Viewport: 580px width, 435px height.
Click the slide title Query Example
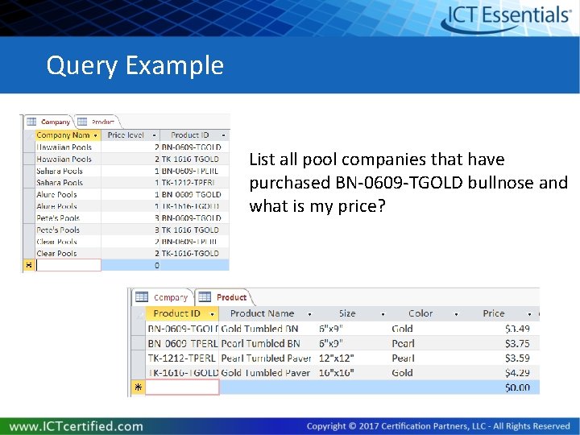135,65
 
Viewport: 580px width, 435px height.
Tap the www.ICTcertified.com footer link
77,426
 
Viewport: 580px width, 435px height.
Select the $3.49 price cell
516,329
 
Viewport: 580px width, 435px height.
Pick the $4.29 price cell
516,373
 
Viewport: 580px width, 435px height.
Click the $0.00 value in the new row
516,387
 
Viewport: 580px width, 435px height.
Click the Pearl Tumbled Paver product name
265,358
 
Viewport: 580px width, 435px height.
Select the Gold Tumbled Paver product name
265,373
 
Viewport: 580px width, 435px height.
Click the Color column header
420,313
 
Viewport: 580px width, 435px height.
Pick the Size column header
347,313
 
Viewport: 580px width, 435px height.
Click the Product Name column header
262,313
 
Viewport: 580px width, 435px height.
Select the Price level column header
126,135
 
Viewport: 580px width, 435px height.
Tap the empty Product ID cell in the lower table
183,387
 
